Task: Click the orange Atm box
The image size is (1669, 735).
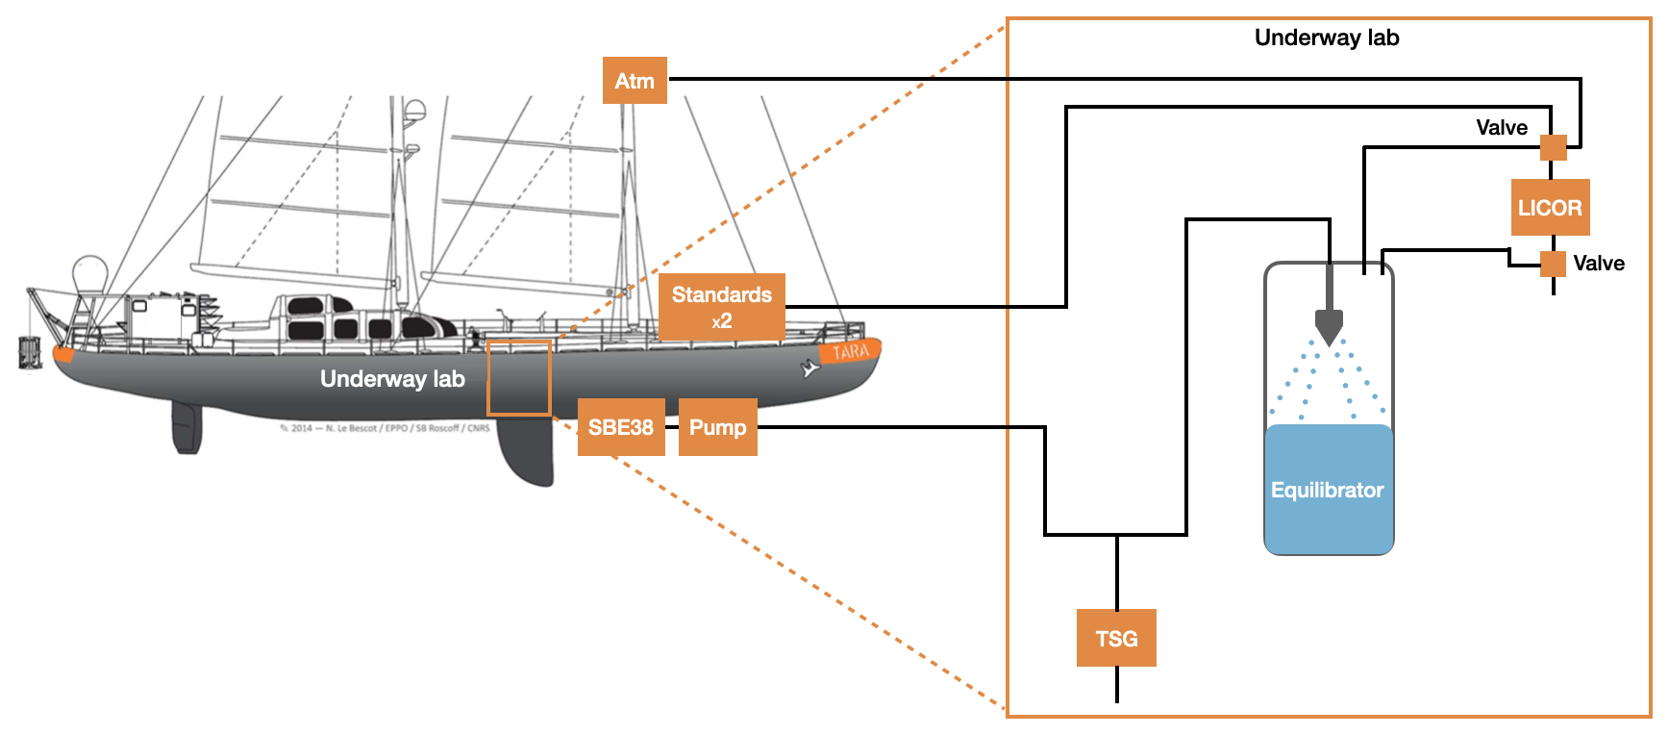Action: [x=635, y=81]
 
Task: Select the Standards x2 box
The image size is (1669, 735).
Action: [x=721, y=307]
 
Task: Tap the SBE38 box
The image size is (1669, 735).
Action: [x=621, y=427]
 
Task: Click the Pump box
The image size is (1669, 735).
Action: [x=717, y=427]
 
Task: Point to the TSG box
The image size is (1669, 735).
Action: [x=1116, y=638]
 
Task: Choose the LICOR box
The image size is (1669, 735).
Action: [x=1550, y=208]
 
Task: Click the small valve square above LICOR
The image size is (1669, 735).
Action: [x=1553, y=147]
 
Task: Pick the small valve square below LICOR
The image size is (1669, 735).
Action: [x=1553, y=263]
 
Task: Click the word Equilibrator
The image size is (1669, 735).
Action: [x=1327, y=490]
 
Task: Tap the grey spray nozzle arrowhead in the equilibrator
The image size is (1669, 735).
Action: [x=1329, y=327]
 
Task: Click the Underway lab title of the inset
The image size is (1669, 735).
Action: [x=1327, y=38]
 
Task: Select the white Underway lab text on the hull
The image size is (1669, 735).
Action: [x=392, y=379]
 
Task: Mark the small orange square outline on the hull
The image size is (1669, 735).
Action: [x=518, y=377]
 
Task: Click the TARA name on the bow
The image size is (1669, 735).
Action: [x=850, y=352]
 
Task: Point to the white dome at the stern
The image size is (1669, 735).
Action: [x=90, y=271]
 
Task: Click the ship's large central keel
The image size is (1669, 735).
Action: [x=527, y=452]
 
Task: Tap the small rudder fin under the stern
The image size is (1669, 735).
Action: [x=187, y=429]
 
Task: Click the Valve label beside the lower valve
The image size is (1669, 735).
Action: [x=1598, y=264]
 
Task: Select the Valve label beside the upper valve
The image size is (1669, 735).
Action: [x=1502, y=128]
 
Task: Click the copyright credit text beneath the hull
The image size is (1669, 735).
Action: [x=385, y=428]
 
